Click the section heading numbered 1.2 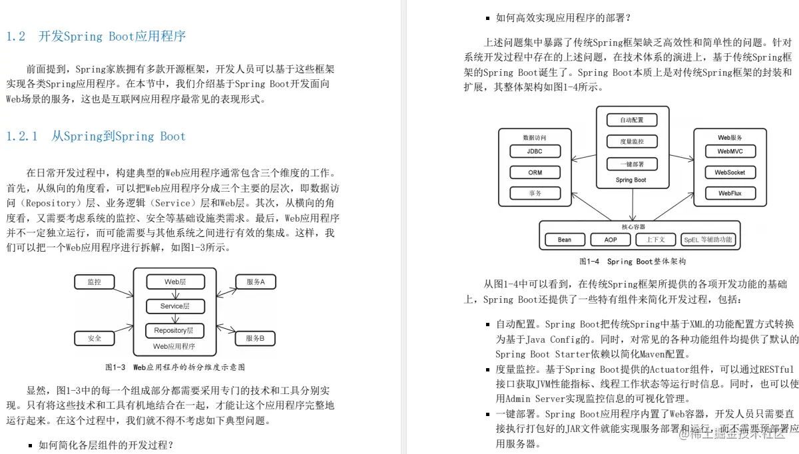click(x=96, y=37)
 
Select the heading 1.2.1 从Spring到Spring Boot click(x=96, y=136)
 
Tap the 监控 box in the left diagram click(x=94, y=282)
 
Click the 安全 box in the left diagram click(x=94, y=338)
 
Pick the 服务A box click(x=255, y=282)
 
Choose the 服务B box click(x=255, y=338)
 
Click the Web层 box click(x=175, y=282)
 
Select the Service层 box click(x=175, y=306)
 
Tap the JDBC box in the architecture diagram click(x=535, y=151)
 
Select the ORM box click(x=535, y=172)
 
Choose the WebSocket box click(x=730, y=172)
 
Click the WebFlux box click(x=730, y=194)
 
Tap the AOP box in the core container click(x=610, y=240)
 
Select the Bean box click(x=564, y=240)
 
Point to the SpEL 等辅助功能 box click(x=707, y=240)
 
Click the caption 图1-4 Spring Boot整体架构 click(x=632, y=262)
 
